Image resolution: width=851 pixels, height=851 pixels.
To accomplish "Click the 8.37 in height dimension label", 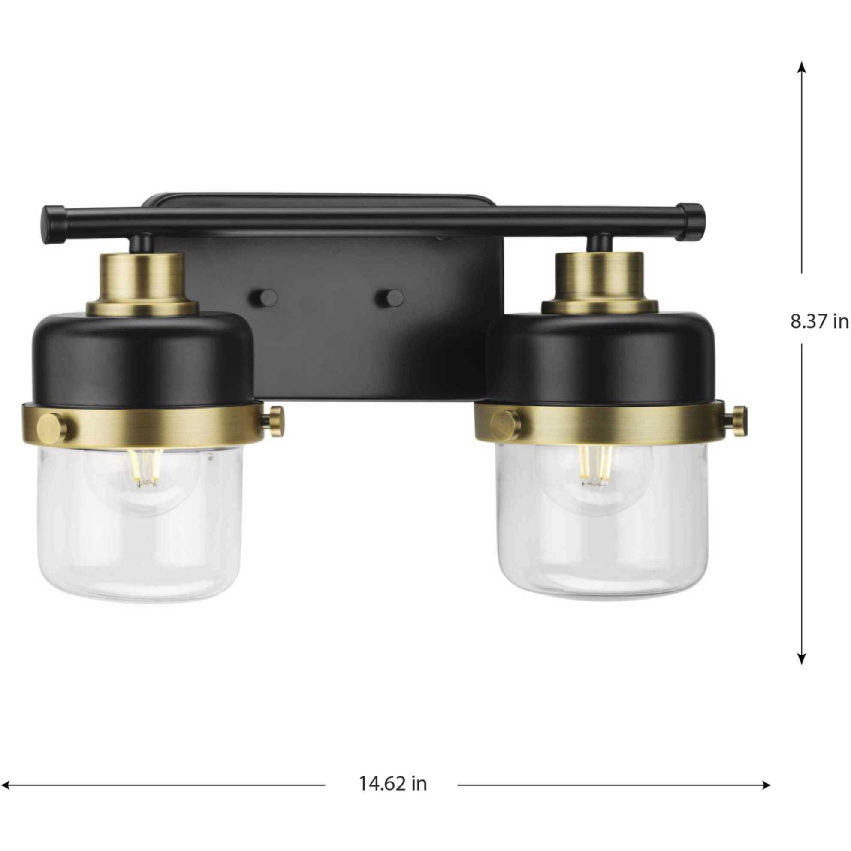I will (818, 322).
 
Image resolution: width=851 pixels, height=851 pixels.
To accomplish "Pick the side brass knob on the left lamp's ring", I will (276, 417).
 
